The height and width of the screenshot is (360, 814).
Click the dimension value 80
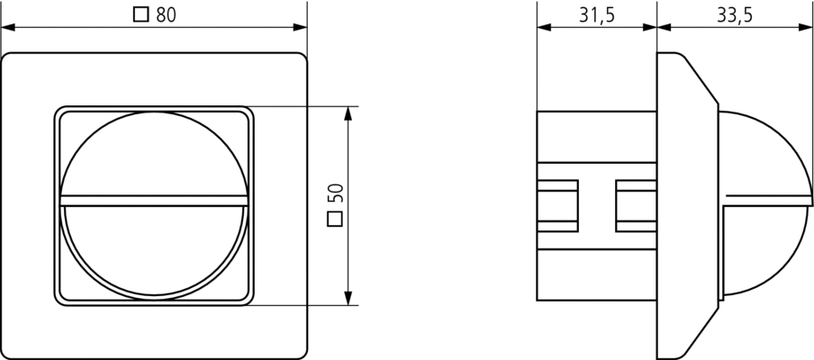[166, 14]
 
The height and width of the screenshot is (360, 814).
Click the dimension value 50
[335, 193]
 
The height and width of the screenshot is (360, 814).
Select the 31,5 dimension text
[596, 15]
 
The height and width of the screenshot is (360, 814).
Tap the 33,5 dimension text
[735, 15]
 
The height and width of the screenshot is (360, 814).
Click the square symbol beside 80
[140, 14]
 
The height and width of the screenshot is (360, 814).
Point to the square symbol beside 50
[335, 219]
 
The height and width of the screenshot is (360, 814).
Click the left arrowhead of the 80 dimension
[8, 27]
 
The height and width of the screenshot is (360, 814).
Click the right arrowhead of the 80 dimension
[300, 27]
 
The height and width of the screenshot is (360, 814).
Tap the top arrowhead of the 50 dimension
[348, 113]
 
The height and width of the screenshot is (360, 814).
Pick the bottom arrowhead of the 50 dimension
[348, 298]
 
